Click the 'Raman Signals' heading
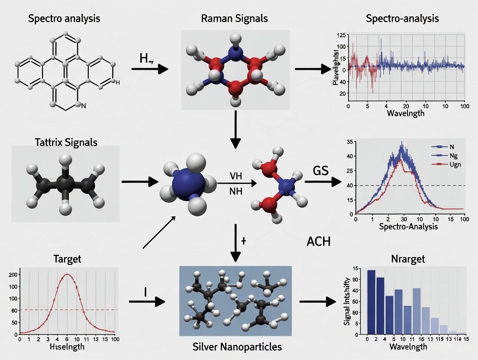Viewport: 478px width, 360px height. (234, 18)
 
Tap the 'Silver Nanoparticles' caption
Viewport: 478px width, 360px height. (236, 347)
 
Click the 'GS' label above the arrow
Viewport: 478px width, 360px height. (321, 170)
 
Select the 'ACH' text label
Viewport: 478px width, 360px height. (318, 241)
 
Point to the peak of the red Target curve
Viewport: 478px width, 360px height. (68, 274)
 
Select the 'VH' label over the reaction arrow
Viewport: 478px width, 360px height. (236, 176)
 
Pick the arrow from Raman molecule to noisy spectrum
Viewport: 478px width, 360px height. (312, 68)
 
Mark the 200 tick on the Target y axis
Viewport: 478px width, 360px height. (12, 275)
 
